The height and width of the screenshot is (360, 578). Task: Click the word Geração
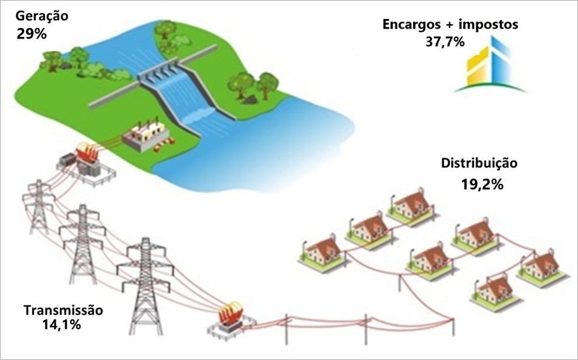42,17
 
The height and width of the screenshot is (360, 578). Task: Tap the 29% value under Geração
31,35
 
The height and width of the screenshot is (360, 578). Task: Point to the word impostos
489,25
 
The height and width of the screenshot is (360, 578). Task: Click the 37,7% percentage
445,42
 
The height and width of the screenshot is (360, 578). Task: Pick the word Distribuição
479,163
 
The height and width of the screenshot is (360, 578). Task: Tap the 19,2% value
482,184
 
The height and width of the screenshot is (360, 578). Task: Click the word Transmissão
63,310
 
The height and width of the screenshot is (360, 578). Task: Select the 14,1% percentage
61,325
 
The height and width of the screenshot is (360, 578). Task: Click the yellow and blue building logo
490,65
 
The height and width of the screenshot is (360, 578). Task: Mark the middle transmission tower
83,243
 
